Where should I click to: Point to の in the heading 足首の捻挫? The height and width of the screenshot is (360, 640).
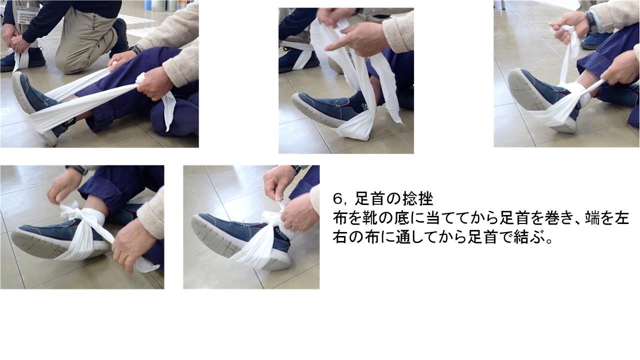[393, 199]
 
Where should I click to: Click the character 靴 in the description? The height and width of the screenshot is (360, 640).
[371, 218]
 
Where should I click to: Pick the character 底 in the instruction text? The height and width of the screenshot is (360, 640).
[403, 218]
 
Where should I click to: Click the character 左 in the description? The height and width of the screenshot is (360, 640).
[622, 218]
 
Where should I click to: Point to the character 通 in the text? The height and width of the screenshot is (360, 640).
[403, 237]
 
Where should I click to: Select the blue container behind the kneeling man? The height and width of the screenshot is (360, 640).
[148, 4]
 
